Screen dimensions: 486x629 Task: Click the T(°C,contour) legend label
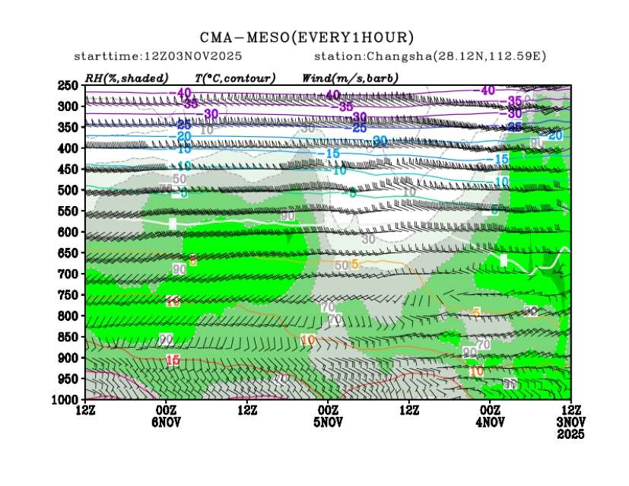click(x=235, y=78)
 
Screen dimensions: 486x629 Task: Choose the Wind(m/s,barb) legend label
click(x=349, y=78)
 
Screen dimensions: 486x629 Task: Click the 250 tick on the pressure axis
click(x=67, y=85)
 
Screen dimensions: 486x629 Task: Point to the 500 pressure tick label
click(x=67, y=190)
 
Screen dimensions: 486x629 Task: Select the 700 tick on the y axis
click(x=67, y=274)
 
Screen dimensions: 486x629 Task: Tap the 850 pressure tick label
click(x=67, y=337)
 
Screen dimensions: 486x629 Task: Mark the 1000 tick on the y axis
click(x=65, y=399)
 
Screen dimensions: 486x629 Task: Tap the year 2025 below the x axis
click(x=570, y=434)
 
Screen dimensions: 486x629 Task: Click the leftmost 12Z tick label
click(x=85, y=411)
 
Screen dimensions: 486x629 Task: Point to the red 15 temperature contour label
click(x=173, y=360)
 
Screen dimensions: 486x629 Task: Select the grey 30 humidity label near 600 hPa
click(x=368, y=239)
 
